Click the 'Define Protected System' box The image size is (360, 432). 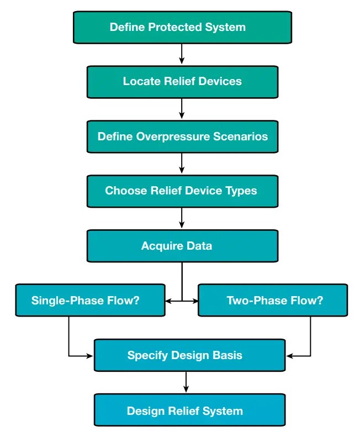tap(182, 27)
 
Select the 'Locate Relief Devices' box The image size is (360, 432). tap(182, 81)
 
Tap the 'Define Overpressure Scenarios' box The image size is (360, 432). tap(182, 136)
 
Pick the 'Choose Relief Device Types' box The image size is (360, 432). tap(182, 191)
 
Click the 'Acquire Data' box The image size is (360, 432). tap(182, 245)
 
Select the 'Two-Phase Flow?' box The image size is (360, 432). tap(273, 300)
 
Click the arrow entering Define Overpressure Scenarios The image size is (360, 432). tap(182, 109)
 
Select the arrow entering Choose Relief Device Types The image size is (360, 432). tap(182, 164)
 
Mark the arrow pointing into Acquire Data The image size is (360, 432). tap(182, 218)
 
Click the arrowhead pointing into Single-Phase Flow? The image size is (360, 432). tap(168, 301)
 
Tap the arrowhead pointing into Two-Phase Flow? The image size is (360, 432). tap(195, 301)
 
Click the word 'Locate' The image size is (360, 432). tap(141, 81)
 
